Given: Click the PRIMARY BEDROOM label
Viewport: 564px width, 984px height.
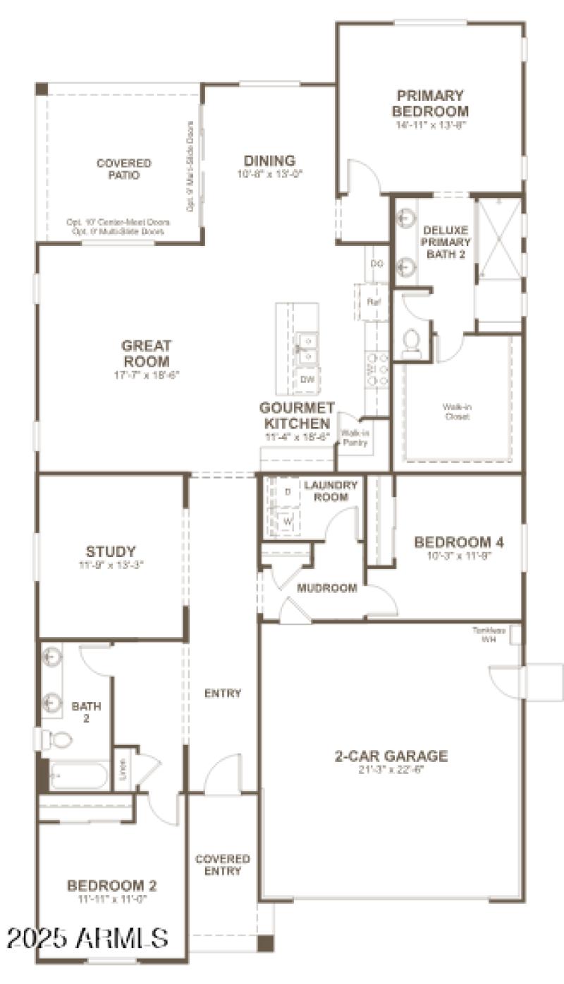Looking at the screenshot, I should click(430, 103).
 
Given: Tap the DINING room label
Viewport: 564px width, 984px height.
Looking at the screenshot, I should click(269, 161).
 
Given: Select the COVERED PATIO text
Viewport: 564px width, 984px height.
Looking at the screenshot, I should click(124, 169).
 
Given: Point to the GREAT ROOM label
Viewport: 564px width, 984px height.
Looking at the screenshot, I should click(147, 353).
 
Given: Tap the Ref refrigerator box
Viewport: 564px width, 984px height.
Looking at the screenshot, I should click(374, 302).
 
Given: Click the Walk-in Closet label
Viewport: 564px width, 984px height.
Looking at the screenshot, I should click(456, 412).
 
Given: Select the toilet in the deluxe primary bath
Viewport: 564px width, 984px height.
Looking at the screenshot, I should click(411, 343).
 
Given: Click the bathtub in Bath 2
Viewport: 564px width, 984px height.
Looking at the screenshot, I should click(78, 775).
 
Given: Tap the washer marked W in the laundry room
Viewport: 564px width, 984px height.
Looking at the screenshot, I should click(287, 522).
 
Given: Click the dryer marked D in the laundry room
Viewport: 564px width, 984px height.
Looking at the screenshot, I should click(287, 491).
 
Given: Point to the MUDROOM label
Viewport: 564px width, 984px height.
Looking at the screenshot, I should click(326, 588).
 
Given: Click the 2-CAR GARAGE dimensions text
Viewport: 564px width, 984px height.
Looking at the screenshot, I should click(391, 769).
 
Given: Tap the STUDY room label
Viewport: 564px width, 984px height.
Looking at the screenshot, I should click(111, 551).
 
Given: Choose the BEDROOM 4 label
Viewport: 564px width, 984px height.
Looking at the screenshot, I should click(459, 542).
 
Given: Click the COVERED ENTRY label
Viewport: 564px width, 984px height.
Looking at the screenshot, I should click(223, 865).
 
